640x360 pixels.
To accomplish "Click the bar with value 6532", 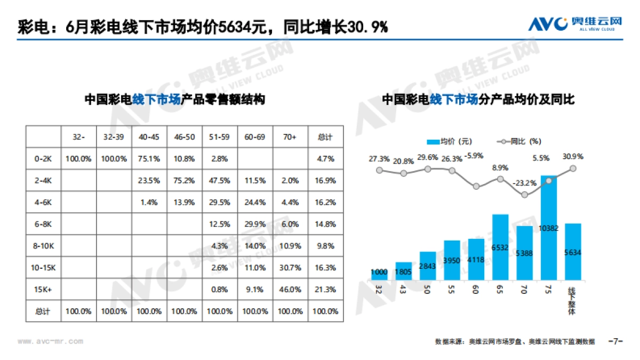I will pyautogui.click(x=500, y=247).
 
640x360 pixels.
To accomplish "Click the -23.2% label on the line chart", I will pyautogui.click(x=524, y=183).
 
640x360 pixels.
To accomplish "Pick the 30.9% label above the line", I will pyautogui.click(x=573, y=157).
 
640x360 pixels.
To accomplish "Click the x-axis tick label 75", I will pyautogui.click(x=548, y=291).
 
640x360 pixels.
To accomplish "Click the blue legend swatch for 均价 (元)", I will pyautogui.click(x=433, y=141).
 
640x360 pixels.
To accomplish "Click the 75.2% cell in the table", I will pyautogui.click(x=185, y=180).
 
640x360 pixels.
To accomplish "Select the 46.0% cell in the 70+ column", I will pyautogui.click(x=290, y=290).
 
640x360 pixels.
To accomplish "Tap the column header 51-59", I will pyautogui.click(x=220, y=137).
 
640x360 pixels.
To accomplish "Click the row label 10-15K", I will pyautogui.click(x=43, y=268).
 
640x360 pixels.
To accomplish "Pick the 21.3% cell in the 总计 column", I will pyautogui.click(x=325, y=290).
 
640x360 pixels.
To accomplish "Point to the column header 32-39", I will pyautogui.click(x=114, y=137).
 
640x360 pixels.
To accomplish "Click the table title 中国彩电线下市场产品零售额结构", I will pyautogui.click(x=174, y=100).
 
